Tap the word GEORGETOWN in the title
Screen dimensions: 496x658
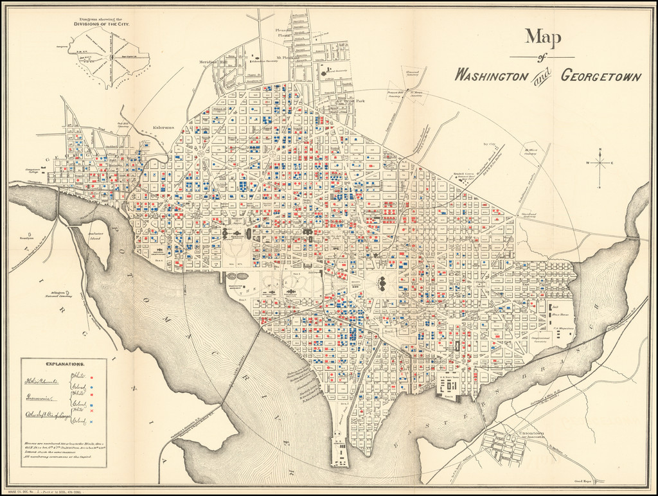pos(600,75)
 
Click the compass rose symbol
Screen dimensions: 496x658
pos(600,163)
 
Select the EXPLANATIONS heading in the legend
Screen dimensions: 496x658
pos(65,364)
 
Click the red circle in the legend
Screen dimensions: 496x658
pos(92,378)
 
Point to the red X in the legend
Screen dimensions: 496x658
pos(92,411)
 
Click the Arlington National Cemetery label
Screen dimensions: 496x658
pos(58,294)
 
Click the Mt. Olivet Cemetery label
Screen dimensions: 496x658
pos(531,152)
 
